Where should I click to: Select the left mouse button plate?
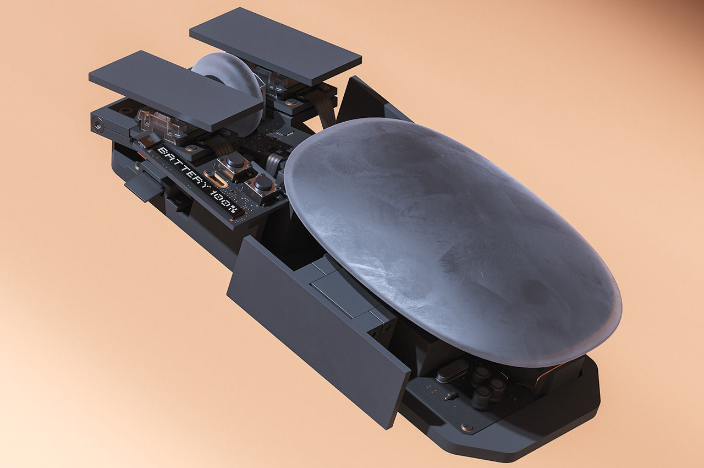pos(176,91)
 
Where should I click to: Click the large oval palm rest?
pos(453,242)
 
